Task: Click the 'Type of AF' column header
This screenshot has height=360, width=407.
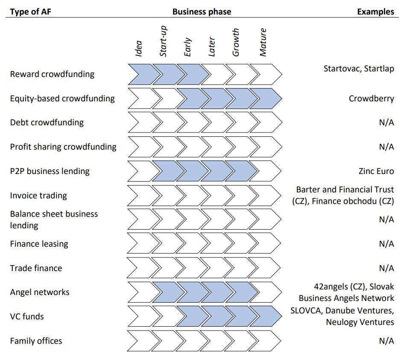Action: coord(30,12)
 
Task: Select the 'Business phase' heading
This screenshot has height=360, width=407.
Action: coord(202,12)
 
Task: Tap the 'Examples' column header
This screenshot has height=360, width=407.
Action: coord(375,12)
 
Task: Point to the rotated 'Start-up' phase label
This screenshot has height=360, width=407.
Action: coord(163,41)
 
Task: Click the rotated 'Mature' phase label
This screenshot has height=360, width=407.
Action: coord(263,42)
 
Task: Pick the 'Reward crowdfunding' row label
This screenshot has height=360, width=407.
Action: coord(52,74)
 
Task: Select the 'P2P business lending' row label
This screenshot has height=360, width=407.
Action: coord(50,171)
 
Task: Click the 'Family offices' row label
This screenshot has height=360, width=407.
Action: coord(36,341)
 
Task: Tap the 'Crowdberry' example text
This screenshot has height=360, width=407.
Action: coord(371,98)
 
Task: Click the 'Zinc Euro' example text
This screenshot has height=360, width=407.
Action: coord(376,171)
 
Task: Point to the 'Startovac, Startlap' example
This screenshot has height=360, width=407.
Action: coord(359,68)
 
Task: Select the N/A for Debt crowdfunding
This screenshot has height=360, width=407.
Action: coord(386,123)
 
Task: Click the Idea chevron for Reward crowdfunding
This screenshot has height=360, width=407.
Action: coord(140,74)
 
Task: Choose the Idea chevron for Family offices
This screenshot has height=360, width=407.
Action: coord(139,341)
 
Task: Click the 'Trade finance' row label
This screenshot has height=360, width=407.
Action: coord(36,268)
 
